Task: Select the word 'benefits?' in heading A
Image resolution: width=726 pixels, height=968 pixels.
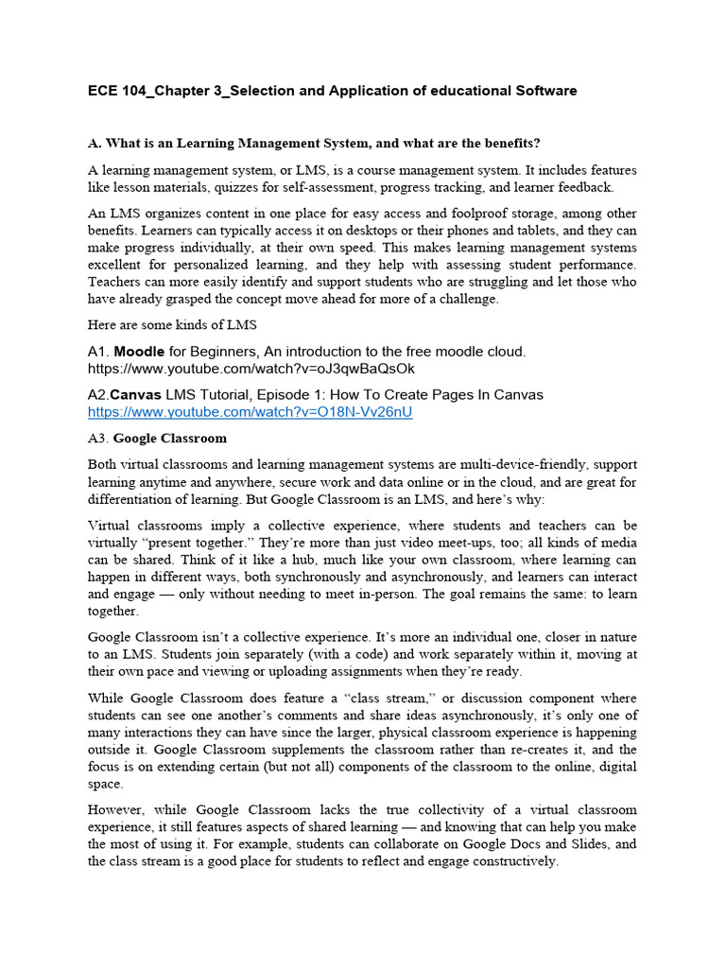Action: tap(506, 143)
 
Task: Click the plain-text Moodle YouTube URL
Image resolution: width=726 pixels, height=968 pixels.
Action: tap(251, 368)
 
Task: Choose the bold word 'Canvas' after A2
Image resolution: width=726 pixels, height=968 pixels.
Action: tap(136, 394)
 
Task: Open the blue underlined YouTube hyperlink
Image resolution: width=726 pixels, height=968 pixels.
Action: tap(251, 412)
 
